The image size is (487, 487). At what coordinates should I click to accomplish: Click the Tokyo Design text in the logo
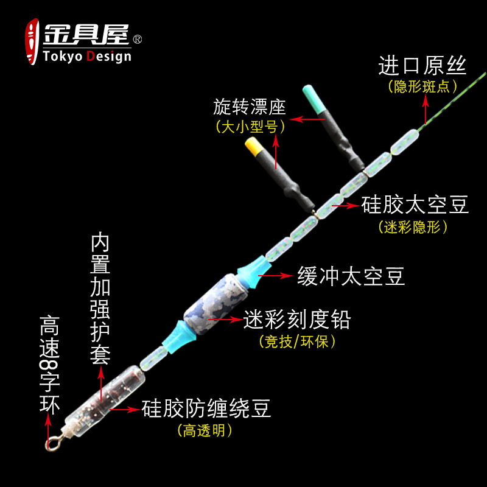point(87,57)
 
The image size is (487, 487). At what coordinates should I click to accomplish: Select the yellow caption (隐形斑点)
point(422,86)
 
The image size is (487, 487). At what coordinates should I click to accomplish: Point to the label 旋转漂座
point(250,108)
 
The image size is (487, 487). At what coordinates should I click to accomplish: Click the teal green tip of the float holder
point(312,97)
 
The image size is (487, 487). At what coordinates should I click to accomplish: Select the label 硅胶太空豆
point(415,205)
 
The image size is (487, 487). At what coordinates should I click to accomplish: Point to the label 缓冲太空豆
point(351,277)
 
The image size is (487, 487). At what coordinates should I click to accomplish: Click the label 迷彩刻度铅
point(297,319)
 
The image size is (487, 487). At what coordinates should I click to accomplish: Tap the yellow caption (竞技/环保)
point(297,341)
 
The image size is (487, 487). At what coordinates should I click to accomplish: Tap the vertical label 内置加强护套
point(100,298)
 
